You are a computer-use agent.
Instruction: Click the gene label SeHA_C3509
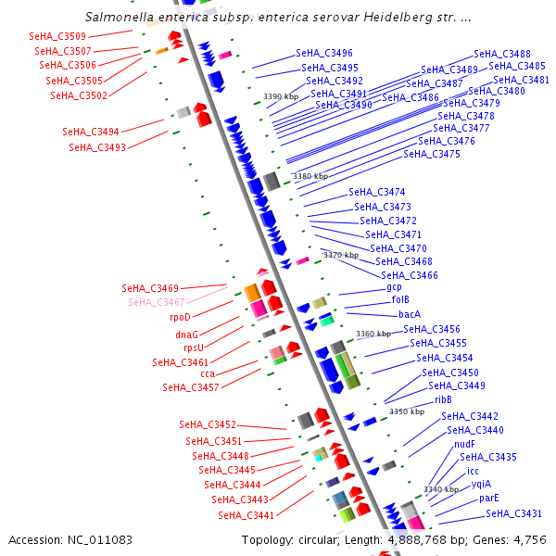57,36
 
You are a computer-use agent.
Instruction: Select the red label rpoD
180,317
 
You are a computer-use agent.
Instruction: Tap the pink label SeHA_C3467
157,302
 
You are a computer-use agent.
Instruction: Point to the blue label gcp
394,287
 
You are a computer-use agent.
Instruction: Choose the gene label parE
489,499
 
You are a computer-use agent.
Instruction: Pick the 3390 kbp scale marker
281,96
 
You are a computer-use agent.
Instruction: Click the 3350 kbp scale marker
407,411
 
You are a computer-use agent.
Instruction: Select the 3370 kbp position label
340,255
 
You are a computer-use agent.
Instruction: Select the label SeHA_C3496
324,54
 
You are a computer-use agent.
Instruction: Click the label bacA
410,314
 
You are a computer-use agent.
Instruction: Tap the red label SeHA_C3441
246,515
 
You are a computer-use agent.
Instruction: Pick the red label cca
208,373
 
